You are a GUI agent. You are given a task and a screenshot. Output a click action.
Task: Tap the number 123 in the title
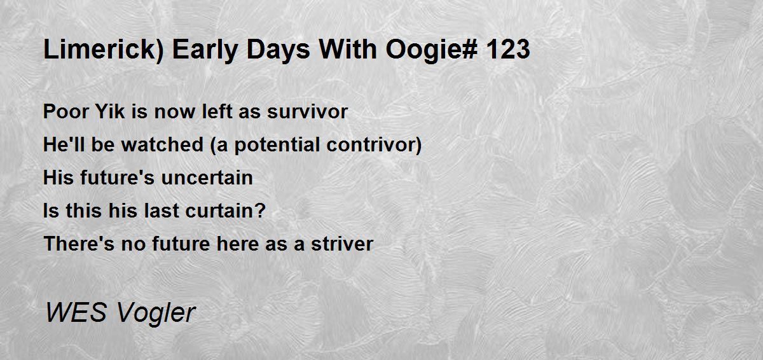click(508, 50)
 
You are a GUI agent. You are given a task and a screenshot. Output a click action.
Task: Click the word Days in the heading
click(278, 50)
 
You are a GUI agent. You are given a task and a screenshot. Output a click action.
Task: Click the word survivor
click(307, 111)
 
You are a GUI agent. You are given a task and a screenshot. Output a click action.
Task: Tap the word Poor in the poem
click(65, 111)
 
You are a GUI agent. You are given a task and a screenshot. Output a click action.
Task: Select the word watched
click(163, 144)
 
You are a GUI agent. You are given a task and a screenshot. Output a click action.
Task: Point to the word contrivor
click(371, 144)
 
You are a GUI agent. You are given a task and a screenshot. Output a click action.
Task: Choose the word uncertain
click(207, 177)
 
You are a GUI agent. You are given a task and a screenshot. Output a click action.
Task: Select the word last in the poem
click(162, 211)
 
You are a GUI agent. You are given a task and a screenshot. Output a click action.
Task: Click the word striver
click(342, 244)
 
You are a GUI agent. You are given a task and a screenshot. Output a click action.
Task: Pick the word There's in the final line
click(79, 244)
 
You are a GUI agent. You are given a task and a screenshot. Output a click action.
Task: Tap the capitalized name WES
click(76, 312)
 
